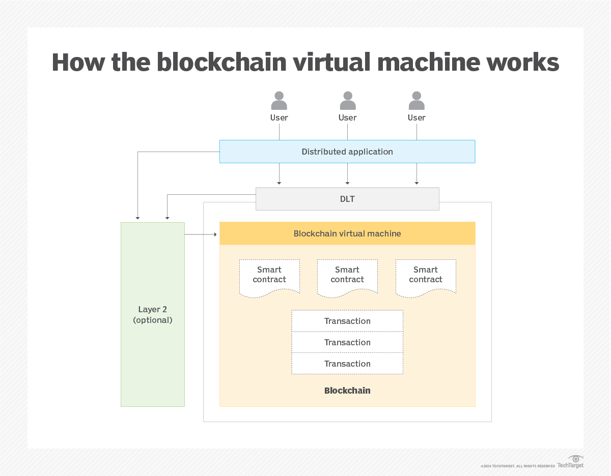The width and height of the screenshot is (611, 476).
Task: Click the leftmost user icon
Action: (x=279, y=101)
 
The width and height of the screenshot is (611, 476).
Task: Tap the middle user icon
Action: (x=348, y=101)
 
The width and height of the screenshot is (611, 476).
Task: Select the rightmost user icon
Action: (x=416, y=101)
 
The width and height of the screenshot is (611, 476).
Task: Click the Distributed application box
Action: (x=347, y=152)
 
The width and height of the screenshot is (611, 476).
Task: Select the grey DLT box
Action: (x=347, y=199)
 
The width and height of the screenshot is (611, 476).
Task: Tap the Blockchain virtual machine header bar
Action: (x=347, y=233)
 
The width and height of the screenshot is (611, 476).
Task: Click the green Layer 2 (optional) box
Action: (x=153, y=314)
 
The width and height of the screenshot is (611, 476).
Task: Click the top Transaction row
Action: (x=347, y=321)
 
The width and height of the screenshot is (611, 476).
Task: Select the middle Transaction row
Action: (x=347, y=342)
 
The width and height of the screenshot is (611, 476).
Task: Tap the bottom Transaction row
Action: (x=347, y=364)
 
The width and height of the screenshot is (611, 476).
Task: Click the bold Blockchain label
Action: (x=347, y=391)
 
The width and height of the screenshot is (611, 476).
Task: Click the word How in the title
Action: (x=78, y=63)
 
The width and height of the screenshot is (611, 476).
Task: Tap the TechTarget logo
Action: (x=571, y=462)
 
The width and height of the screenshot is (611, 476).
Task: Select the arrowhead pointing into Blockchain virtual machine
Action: (x=215, y=234)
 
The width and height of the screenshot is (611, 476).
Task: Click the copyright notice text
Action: (x=517, y=466)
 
